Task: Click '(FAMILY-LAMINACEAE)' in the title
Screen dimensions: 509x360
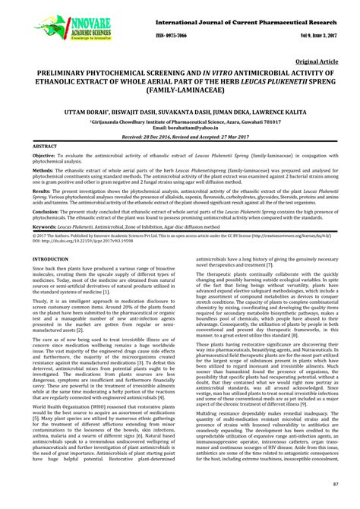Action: point(179,97)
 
